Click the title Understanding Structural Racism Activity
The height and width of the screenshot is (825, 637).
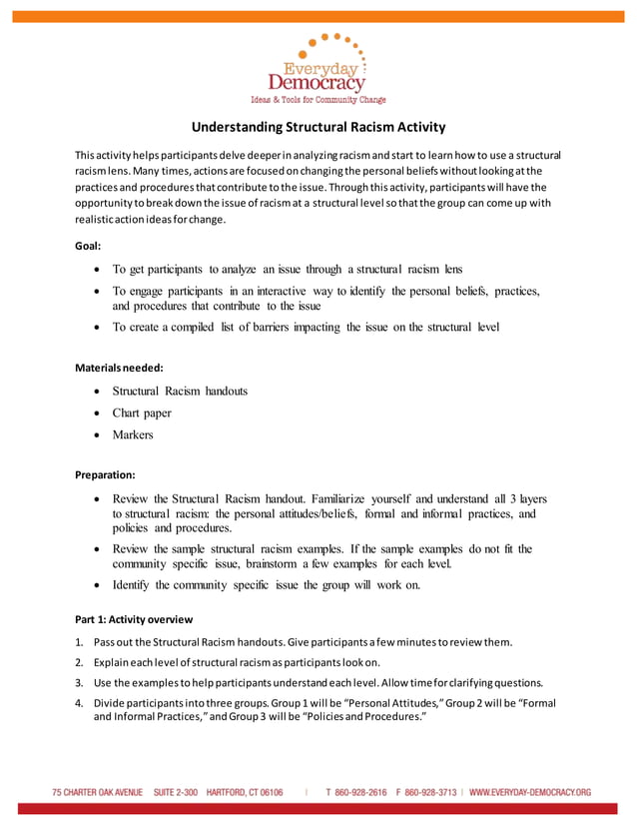318,127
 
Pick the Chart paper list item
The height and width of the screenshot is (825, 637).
142,412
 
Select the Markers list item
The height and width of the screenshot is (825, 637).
133,434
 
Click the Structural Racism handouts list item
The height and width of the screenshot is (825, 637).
180,391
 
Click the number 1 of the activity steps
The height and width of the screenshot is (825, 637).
79,641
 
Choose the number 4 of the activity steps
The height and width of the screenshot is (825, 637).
79,703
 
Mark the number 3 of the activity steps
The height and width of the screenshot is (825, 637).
79,683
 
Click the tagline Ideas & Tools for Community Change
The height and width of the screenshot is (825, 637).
318,100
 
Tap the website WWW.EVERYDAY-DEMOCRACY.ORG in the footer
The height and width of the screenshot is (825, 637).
530,792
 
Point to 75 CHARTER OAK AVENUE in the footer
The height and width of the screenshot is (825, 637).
98,792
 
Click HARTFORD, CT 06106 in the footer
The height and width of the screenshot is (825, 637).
245,792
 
